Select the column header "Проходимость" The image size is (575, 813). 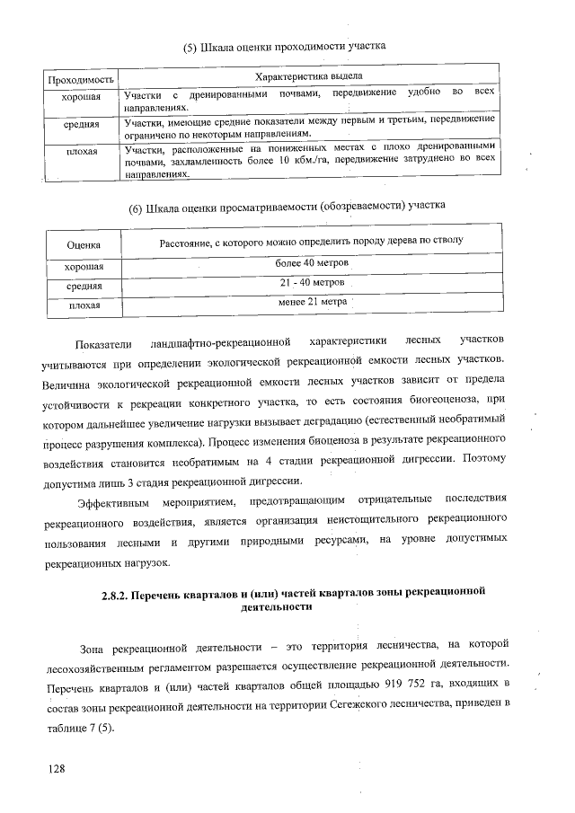click(x=80, y=80)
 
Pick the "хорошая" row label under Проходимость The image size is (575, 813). click(x=79, y=95)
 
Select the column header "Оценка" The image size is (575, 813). click(x=83, y=244)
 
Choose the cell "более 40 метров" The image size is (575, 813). click(x=311, y=261)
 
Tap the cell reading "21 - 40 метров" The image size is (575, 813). click(x=311, y=283)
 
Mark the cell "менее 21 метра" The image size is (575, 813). click(x=311, y=302)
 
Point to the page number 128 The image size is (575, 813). click(x=58, y=769)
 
